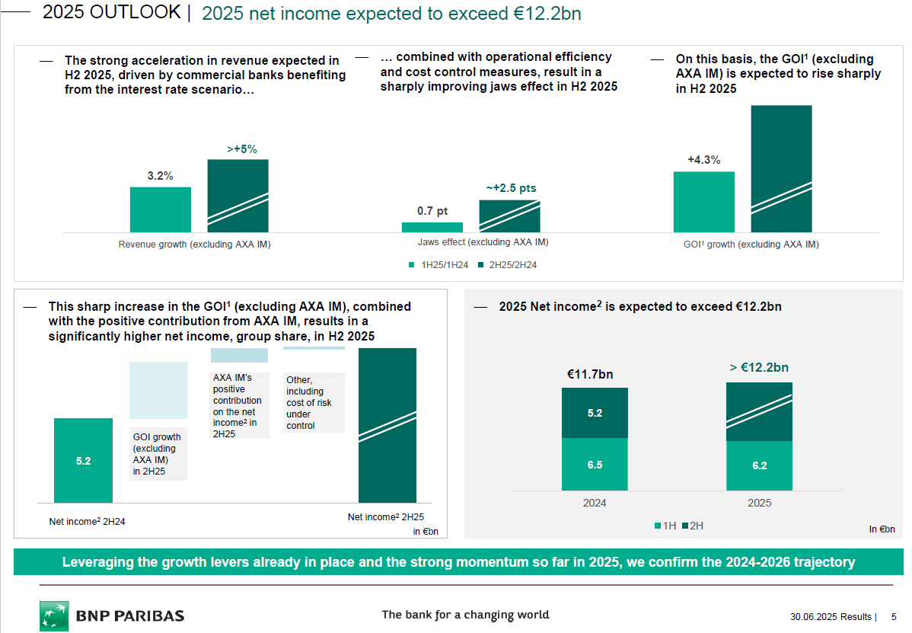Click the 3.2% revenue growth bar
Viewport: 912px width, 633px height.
tap(160, 209)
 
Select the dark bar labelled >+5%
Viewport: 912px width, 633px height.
tap(238, 195)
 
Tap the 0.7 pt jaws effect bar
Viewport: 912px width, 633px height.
tap(432, 227)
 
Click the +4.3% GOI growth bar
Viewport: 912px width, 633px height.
tap(703, 202)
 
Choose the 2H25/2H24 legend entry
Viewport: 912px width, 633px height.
tap(508, 265)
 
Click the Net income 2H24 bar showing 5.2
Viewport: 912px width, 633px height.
tap(83, 461)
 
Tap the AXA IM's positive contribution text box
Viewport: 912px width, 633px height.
tap(239, 405)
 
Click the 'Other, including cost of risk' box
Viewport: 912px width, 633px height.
tap(313, 402)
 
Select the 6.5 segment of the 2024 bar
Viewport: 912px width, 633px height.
tap(595, 465)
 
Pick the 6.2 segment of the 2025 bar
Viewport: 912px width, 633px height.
tap(759, 465)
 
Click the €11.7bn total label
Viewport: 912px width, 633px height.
tap(590, 374)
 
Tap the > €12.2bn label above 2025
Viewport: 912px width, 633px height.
tap(759, 368)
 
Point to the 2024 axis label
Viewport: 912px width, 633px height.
tap(595, 503)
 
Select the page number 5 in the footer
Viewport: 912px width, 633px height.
tap(893, 616)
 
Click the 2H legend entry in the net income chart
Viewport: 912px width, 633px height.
tap(692, 526)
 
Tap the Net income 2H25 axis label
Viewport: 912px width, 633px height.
tap(386, 517)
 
